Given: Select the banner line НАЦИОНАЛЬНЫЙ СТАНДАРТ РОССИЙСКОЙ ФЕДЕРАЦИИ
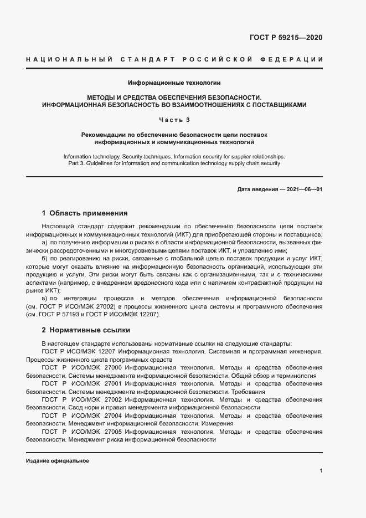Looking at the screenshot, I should tap(174, 59).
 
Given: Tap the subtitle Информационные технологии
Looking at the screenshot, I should tap(174, 83).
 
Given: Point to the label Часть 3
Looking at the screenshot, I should tap(174, 120).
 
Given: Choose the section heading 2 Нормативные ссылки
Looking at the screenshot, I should tap(86, 330).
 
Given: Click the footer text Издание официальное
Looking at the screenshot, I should tap(57, 461).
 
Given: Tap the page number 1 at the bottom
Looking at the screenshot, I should tap(321, 470).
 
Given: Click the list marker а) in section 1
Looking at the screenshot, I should tap(45, 243).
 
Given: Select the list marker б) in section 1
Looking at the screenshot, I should tap(45, 259).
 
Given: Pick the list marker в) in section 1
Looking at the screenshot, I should tap(45, 299).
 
